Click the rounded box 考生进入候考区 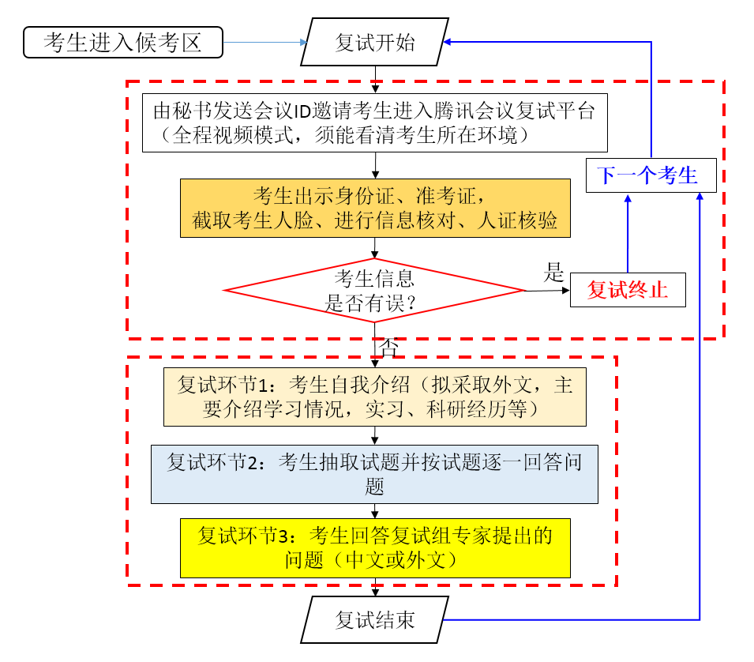click(x=123, y=43)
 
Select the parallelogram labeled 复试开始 click(x=374, y=43)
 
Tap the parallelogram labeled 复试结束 click(x=374, y=619)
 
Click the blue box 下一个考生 click(x=651, y=175)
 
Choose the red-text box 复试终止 click(x=628, y=290)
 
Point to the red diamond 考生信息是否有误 click(x=374, y=290)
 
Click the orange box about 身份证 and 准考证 click(x=374, y=208)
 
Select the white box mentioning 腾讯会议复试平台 click(x=374, y=122)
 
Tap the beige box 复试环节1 click(x=374, y=397)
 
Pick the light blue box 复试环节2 click(x=374, y=474)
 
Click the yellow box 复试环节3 click(x=374, y=547)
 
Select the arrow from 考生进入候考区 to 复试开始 click(x=264, y=43)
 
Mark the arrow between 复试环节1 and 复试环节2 click(x=374, y=435)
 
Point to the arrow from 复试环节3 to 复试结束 click(x=374, y=587)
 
